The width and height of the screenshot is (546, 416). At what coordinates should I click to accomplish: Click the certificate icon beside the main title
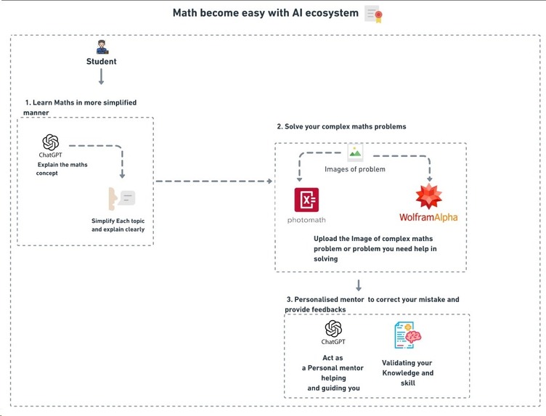pos(374,14)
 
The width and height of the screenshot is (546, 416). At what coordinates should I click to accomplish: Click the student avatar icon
pos(102,47)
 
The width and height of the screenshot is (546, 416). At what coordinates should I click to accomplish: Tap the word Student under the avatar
pos(102,62)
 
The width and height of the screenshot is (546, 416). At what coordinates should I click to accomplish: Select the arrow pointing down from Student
pos(102,76)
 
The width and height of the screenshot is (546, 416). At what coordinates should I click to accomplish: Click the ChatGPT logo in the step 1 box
pos(50,142)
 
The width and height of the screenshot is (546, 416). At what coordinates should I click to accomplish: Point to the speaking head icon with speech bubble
pos(121,197)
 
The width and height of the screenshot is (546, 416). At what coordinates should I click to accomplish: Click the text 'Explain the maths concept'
pos(62,168)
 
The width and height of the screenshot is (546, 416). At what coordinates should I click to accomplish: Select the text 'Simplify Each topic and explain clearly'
pos(118,224)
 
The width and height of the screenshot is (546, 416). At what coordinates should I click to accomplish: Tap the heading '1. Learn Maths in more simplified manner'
pos(80,107)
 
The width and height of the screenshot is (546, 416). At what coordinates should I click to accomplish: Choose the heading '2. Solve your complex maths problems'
pos(341,126)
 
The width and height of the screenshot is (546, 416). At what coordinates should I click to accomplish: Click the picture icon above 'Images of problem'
pos(355,151)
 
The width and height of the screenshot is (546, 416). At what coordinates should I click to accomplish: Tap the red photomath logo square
pos(307,200)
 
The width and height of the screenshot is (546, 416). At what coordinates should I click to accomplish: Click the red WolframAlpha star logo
pos(429,197)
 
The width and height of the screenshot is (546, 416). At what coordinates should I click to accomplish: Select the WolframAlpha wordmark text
pos(428,217)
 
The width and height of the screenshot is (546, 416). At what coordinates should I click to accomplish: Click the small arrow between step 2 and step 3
pos(359,285)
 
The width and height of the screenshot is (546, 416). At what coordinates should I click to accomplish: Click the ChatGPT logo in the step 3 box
pos(333,328)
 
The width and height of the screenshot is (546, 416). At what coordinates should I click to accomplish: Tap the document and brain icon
pos(407,335)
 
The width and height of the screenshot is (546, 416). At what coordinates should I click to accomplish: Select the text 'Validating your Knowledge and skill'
pos(407,372)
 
